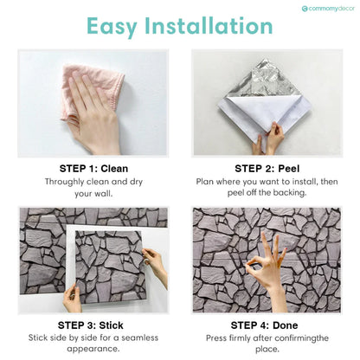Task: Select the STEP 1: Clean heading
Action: coord(93,167)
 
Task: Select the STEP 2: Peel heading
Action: coord(266,167)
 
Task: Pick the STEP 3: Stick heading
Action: coord(93,324)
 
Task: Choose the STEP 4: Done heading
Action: coord(266,324)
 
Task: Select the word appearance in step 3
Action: coord(93,349)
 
